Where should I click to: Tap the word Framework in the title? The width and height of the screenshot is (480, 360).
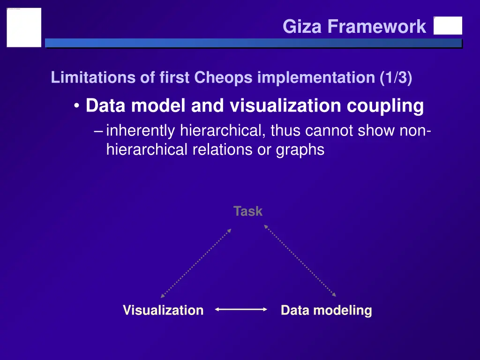coord(377,27)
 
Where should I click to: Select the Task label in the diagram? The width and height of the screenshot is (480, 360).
coord(248,211)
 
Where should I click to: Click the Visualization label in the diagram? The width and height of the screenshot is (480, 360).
coord(163,310)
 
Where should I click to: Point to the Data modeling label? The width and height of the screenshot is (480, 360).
coord(326,310)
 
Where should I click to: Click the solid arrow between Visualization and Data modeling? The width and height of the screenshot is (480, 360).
coord(241,309)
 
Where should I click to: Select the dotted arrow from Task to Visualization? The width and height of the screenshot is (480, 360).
coord(196,263)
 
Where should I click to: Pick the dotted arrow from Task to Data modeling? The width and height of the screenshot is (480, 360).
coord(300,261)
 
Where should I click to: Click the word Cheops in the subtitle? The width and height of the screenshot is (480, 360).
coord(224,78)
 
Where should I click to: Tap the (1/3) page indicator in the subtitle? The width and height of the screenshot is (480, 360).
coord(397,78)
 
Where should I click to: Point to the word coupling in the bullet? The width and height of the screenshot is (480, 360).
coord(385,106)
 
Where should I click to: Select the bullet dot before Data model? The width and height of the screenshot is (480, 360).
coord(77,106)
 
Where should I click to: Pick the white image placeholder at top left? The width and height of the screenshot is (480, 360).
coord(24,27)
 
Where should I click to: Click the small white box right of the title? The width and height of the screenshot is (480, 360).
coord(448,26)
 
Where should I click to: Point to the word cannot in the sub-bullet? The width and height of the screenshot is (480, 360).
coord(331,131)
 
